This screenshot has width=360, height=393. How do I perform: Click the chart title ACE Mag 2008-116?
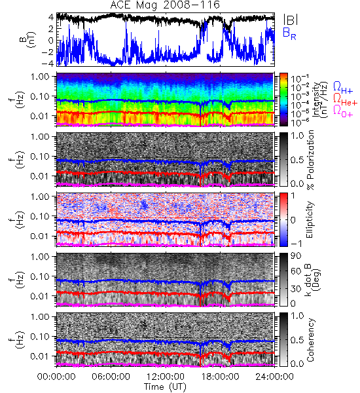point(165,5)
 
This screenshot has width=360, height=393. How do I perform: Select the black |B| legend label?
point(291,20)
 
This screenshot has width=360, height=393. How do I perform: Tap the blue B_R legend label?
point(289,34)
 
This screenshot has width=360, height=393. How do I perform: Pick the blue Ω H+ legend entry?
point(343,88)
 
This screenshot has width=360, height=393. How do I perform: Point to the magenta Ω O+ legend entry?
point(343,111)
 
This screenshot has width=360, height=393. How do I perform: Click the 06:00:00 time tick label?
point(111,377)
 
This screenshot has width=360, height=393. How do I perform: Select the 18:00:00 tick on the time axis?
point(220,377)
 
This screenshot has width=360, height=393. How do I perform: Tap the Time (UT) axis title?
point(165,387)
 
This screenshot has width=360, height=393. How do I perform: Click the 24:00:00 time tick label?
point(274,377)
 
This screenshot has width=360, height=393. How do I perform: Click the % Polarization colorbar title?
point(310,160)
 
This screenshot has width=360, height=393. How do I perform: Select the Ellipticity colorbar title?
point(310,219)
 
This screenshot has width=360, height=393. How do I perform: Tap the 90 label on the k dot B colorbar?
point(296,256)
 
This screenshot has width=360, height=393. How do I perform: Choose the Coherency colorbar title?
point(310,340)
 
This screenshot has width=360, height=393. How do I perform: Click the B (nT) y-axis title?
point(28,40)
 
